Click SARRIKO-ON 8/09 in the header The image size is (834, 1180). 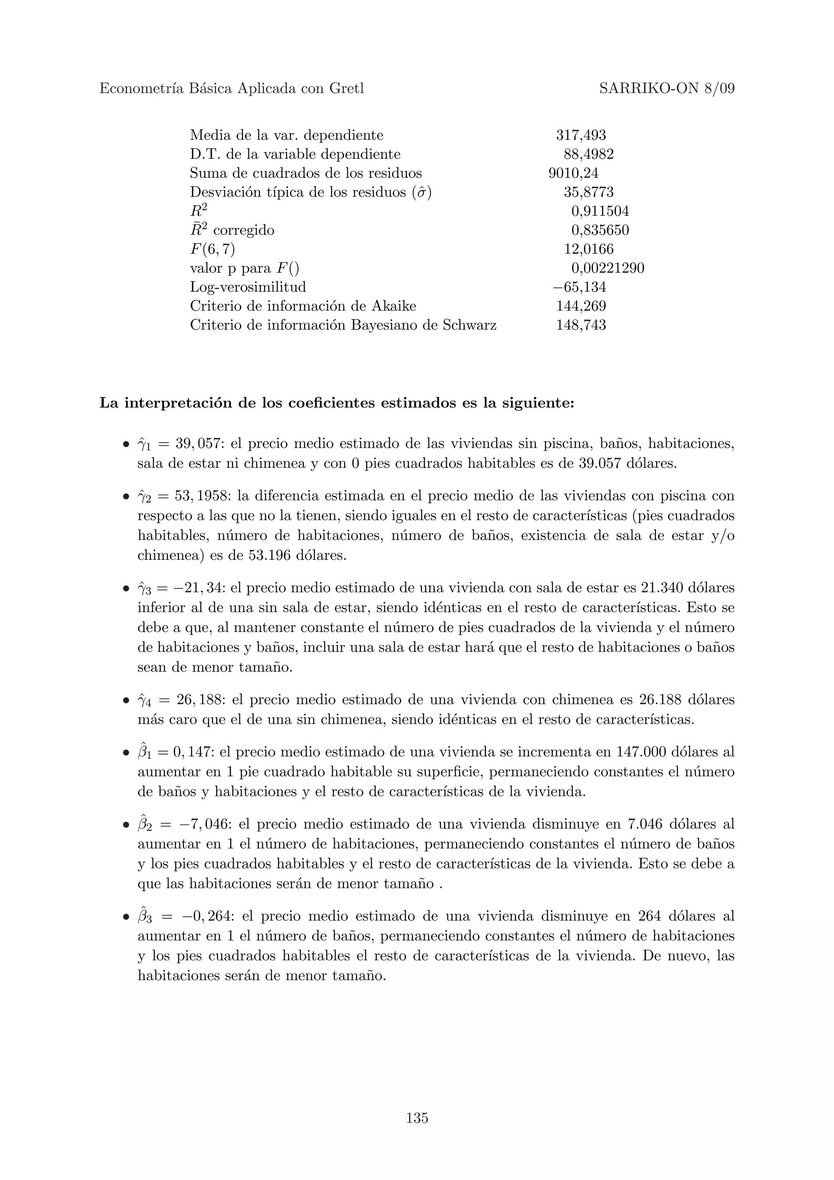pyautogui.click(x=667, y=88)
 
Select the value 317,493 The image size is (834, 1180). pyautogui.click(x=581, y=135)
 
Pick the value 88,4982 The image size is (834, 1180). pyautogui.click(x=588, y=154)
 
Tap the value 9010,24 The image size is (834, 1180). pyautogui.click(x=573, y=173)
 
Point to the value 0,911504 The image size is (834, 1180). pyautogui.click(x=600, y=211)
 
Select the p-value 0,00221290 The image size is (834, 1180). pyautogui.click(x=608, y=268)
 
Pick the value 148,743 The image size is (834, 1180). pyautogui.click(x=581, y=325)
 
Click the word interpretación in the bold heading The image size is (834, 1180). pyautogui.click(x=178, y=404)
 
